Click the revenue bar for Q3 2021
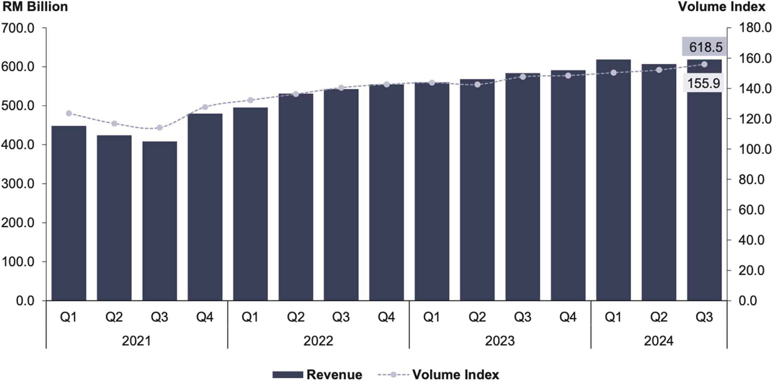(160, 221)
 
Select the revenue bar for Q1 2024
(613, 180)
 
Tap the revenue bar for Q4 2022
(386, 192)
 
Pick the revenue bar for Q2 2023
(477, 190)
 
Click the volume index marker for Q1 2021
(69, 113)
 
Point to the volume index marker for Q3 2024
(704, 64)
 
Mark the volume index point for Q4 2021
(205, 107)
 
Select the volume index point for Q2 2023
(477, 84)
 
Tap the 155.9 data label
(703, 83)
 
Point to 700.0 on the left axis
(18, 28)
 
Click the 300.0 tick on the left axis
(18, 184)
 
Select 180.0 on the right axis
(755, 28)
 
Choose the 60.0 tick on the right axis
(751, 210)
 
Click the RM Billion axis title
(35, 7)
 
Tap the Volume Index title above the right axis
(722, 7)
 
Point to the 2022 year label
(318, 341)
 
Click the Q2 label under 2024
(659, 317)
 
